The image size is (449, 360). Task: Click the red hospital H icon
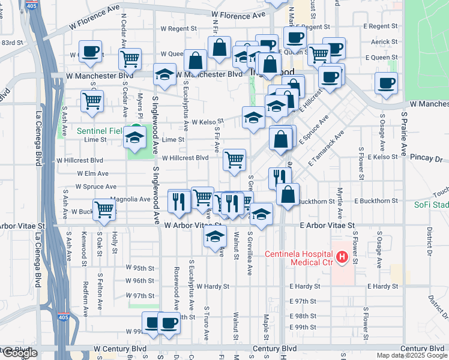342,257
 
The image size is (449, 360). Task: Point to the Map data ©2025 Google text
411,355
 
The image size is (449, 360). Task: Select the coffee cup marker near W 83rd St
90,51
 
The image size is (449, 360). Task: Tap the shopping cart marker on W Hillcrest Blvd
234,160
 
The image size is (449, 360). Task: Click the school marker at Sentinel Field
135,139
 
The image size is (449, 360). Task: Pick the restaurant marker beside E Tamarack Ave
280,178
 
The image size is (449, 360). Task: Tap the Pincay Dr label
426,160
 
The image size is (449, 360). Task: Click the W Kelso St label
208,122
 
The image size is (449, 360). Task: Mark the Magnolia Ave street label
129,199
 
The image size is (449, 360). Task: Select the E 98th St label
303,316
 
